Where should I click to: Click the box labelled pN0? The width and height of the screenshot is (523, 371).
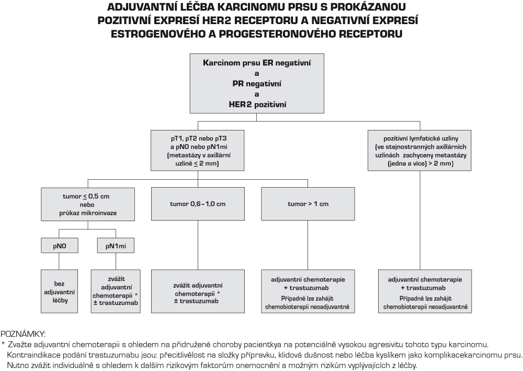(60, 246)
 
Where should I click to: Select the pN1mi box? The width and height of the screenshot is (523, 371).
(116, 246)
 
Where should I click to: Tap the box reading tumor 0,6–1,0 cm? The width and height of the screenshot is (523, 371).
(198, 203)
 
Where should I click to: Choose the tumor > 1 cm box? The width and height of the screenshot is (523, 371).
(308, 203)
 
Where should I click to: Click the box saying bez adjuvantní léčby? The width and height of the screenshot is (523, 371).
(60, 291)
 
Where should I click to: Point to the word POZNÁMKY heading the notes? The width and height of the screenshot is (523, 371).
(23, 334)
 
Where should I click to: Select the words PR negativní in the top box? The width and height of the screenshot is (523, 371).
(257, 83)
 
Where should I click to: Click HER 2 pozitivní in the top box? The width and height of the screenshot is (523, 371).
(257, 104)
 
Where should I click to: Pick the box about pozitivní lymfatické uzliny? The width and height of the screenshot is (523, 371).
(419, 150)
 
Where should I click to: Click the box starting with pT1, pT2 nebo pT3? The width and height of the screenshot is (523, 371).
(198, 150)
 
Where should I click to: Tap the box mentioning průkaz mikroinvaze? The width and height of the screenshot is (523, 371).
(88, 204)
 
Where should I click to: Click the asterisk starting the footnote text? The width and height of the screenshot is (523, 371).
(3, 344)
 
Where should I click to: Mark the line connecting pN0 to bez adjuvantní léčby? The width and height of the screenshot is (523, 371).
(60, 261)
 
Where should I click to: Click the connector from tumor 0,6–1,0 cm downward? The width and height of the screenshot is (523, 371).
(198, 245)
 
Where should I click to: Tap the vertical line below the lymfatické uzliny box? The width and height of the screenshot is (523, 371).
(420, 220)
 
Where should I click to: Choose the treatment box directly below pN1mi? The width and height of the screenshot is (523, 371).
(116, 291)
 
